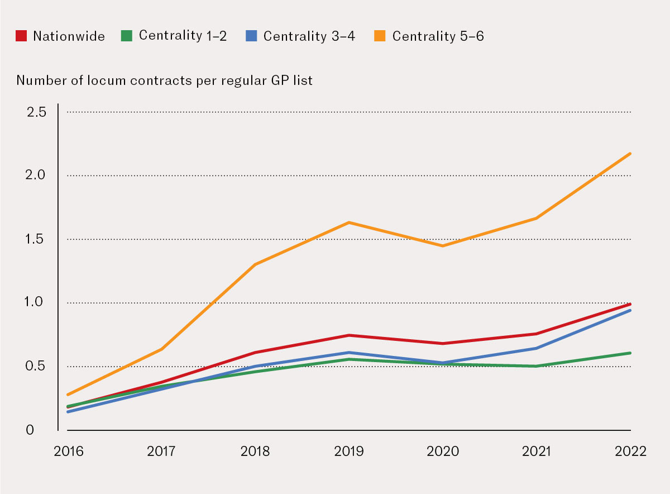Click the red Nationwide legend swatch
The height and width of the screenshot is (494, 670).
[22, 36]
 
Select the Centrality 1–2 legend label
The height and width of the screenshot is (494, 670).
[183, 36]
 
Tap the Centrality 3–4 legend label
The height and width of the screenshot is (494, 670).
[309, 36]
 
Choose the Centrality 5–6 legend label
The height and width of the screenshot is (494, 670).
[438, 36]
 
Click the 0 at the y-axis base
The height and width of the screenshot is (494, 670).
[31, 430]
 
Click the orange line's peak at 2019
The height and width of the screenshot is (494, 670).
[349, 222]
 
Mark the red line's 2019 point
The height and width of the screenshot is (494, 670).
[349, 335]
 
